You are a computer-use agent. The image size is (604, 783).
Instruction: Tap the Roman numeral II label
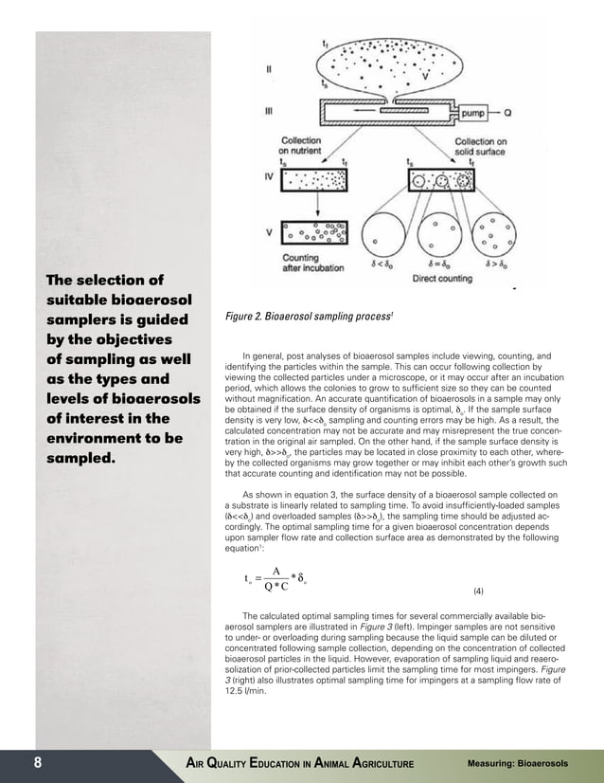click(x=269, y=68)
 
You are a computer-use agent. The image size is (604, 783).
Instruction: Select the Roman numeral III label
click(x=269, y=110)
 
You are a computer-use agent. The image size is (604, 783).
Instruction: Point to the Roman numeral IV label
click(x=269, y=176)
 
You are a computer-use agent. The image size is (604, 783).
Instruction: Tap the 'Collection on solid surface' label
click(x=488, y=144)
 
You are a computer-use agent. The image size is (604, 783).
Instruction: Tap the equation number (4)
click(x=478, y=592)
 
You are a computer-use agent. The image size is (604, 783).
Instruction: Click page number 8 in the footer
click(x=39, y=764)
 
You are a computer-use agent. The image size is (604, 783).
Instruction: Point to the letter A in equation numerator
click(x=275, y=571)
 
